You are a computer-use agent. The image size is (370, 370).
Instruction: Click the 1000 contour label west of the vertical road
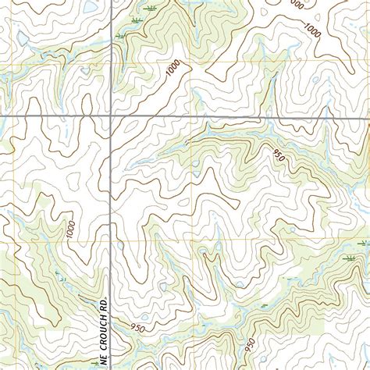72,230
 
